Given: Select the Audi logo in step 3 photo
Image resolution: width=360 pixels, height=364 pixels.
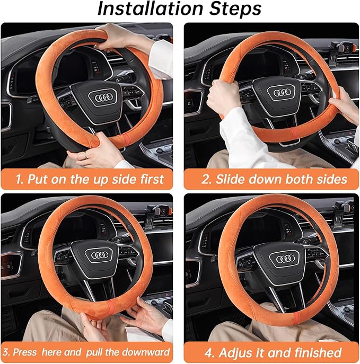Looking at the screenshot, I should (x=100, y=255).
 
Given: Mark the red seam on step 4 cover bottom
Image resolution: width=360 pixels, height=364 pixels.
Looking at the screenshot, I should (x=296, y=317).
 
